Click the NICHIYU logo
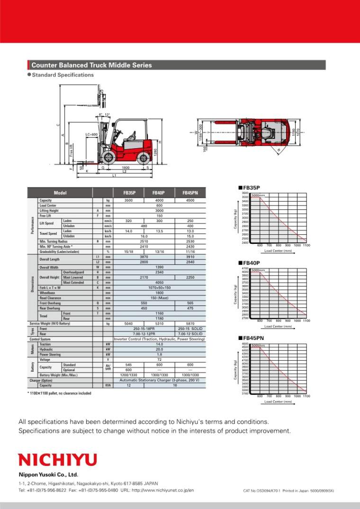(x=57, y=459)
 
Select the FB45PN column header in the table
(x=190, y=193)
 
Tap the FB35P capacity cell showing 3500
(x=129, y=200)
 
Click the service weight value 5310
(x=159, y=323)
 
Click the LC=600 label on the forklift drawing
(x=91, y=134)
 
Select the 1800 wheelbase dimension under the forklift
(x=126, y=168)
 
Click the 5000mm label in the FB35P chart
(x=258, y=195)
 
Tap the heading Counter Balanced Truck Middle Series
(x=91, y=65)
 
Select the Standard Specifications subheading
(x=63, y=75)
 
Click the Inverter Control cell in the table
(x=159, y=339)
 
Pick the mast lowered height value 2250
(x=190, y=277)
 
